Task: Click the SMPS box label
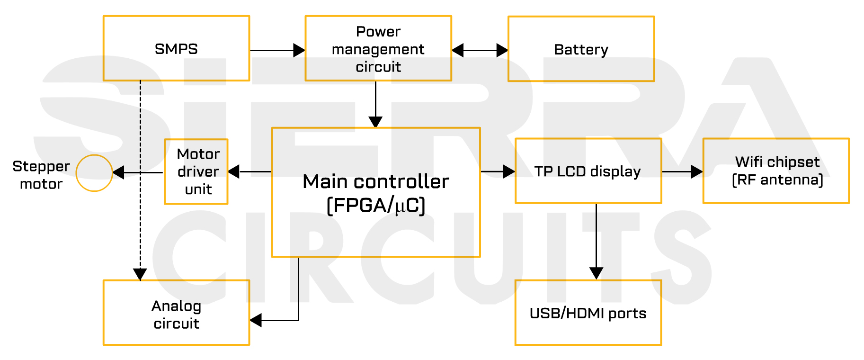pos(176,49)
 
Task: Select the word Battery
pos(581,50)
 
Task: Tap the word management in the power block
pos(378,49)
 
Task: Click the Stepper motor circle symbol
pos(94,173)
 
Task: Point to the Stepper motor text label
pos(41,175)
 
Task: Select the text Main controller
pos(376,181)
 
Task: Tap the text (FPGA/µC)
pos(376,206)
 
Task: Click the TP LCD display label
pos(588,171)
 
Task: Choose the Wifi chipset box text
pos(777,162)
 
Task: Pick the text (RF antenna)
pos(777,180)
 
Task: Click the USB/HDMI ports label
pos(588,314)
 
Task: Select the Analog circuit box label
pos(176,315)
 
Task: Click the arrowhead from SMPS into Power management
pos(299,50)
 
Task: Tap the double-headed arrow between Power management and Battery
pos(480,50)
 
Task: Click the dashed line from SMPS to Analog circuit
pos(140,180)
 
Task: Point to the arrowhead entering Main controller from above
pos(375,122)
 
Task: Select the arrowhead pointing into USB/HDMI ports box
pos(596,273)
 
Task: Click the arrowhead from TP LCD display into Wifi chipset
pos(696,171)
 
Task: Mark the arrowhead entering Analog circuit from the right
pos(256,321)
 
